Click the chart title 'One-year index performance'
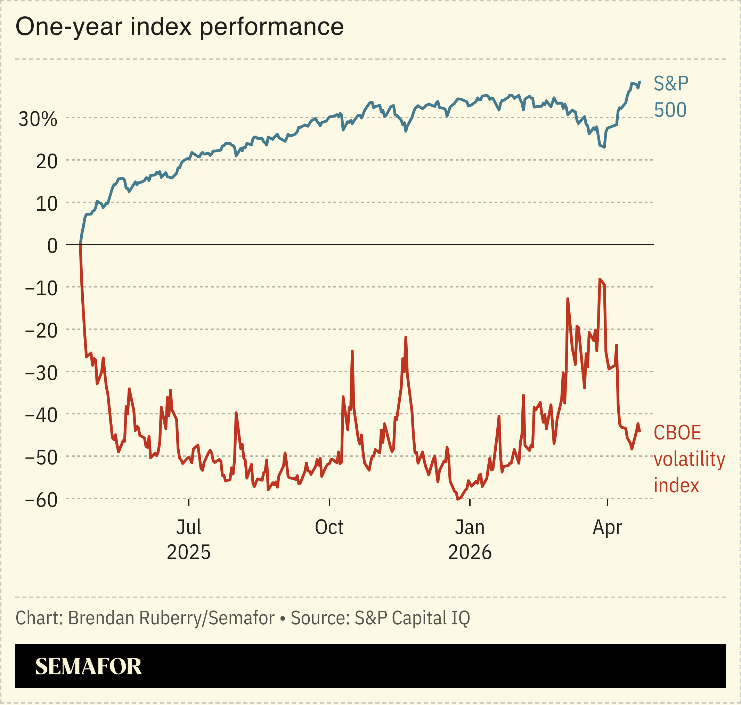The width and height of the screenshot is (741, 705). [180, 27]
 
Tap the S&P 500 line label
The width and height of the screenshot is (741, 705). [671, 97]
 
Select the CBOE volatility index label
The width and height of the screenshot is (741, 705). [689, 459]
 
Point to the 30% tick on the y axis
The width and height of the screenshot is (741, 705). [38, 120]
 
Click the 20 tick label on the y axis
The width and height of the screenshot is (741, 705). [47, 162]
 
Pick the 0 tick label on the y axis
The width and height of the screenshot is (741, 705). [52, 246]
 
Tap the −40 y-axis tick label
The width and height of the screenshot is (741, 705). [41, 416]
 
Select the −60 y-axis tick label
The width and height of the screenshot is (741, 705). [41, 501]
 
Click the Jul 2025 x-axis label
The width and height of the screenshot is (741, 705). [189, 540]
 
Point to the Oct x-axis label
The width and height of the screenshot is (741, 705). [329, 528]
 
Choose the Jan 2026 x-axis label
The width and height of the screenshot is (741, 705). [470, 540]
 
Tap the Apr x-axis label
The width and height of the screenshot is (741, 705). [607, 528]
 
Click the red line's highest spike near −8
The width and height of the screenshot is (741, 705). [600, 279]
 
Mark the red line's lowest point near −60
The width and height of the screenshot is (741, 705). [457, 500]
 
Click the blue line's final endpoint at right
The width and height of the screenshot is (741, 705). [640, 82]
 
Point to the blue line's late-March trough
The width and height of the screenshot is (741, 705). [604, 147]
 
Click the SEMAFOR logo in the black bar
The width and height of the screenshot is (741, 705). [88, 667]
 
